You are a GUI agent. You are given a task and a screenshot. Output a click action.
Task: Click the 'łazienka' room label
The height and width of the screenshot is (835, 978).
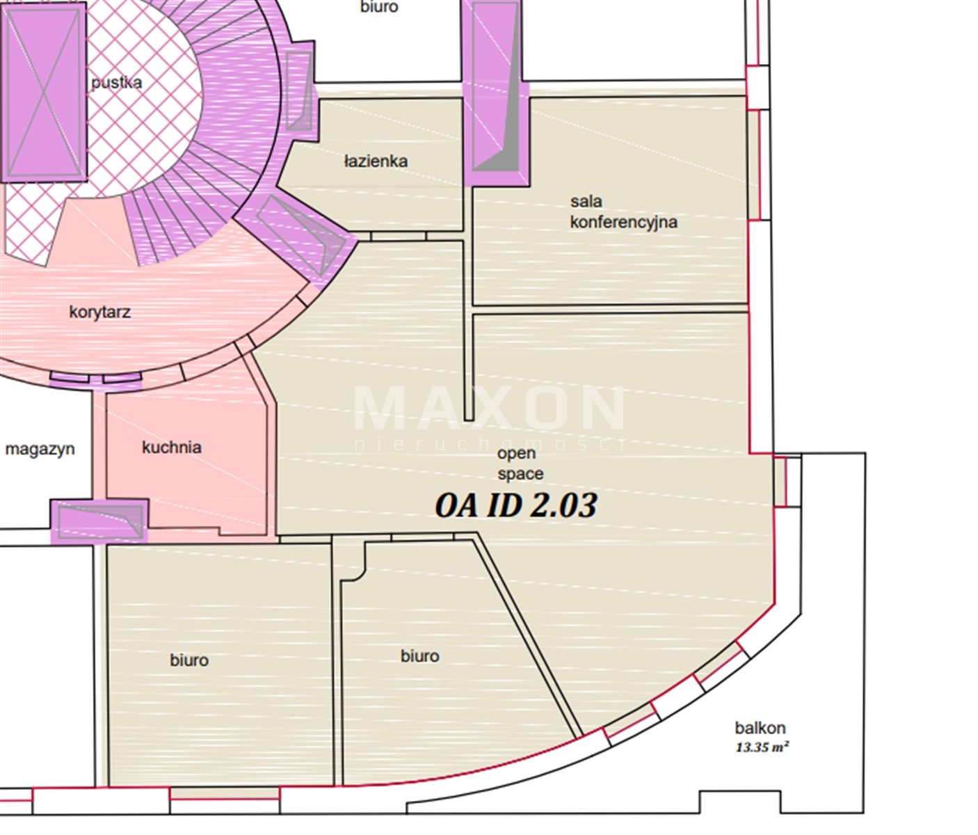click(x=376, y=161)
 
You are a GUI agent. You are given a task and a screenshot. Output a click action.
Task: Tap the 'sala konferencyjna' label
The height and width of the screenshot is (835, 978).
click(x=624, y=212)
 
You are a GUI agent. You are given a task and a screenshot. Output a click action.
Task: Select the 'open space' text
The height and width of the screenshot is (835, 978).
click(x=520, y=463)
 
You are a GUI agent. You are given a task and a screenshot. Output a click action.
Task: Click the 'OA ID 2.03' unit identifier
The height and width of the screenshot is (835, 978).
click(x=515, y=505)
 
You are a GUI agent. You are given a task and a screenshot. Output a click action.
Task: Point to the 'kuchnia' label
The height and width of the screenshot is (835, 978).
click(x=172, y=447)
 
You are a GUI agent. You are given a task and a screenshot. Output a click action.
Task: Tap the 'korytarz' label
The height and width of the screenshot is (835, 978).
click(x=100, y=312)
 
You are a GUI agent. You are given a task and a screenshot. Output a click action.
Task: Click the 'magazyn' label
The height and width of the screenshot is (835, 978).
click(x=40, y=450)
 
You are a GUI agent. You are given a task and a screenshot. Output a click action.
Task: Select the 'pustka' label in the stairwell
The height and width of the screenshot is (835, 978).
click(x=116, y=83)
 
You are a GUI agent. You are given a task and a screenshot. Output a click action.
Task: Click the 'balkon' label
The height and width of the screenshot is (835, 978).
click(x=760, y=728)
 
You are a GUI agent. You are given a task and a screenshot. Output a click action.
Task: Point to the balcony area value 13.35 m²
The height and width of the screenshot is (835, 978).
click(x=762, y=747)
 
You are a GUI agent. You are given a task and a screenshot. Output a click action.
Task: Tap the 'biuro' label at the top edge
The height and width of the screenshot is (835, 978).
click(x=379, y=7)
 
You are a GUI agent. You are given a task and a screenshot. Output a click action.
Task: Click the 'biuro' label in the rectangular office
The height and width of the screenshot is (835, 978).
click(x=189, y=660)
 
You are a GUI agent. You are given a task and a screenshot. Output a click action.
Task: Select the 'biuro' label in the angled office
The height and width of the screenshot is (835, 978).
click(x=419, y=656)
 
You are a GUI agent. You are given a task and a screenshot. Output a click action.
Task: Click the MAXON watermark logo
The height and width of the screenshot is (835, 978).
click(x=490, y=416)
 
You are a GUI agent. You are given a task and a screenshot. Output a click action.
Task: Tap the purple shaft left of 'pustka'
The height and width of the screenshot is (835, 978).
click(x=44, y=93)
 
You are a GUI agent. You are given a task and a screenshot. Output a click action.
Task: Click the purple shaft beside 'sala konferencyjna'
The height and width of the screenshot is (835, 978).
click(x=495, y=93)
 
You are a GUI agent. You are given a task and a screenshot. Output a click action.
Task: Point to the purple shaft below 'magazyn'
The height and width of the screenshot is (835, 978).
click(x=99, y=522)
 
